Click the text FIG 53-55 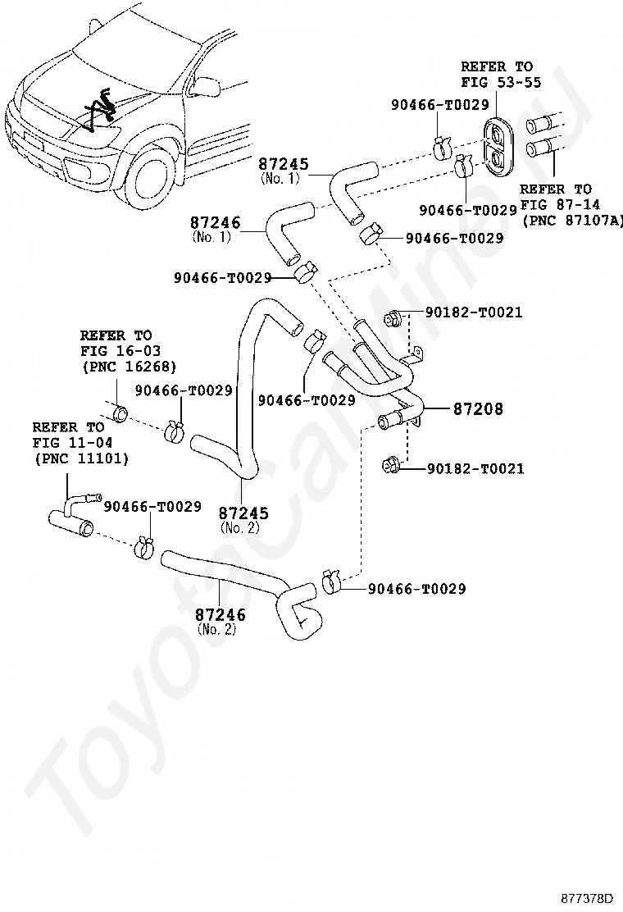496,82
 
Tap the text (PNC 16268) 129,366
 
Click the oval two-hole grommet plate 497,147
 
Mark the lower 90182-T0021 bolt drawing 390,467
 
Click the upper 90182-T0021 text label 474,312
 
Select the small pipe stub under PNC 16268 119,411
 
